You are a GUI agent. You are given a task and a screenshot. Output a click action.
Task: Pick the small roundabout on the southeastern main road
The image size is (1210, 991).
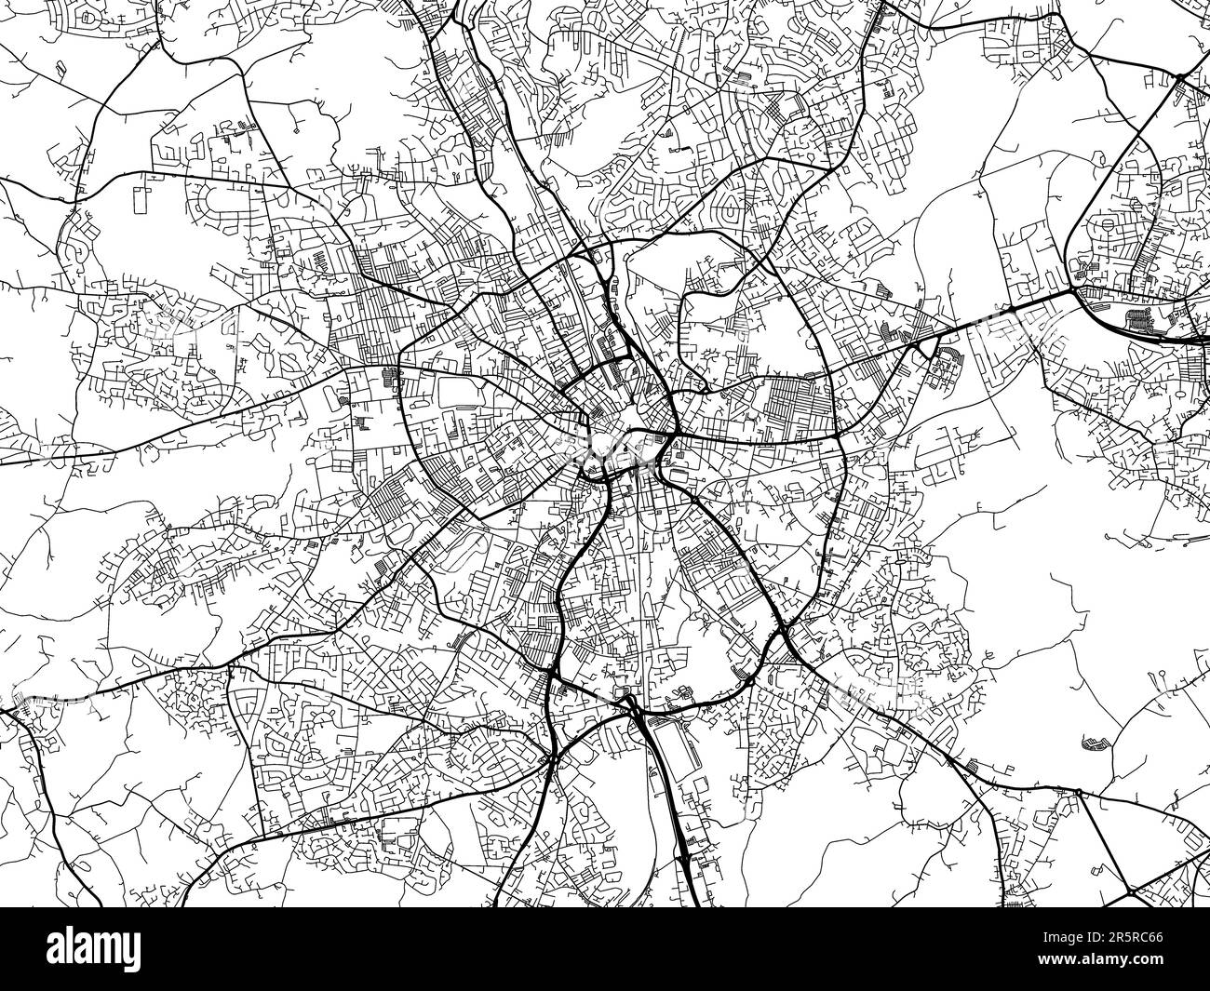point(1078,792)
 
